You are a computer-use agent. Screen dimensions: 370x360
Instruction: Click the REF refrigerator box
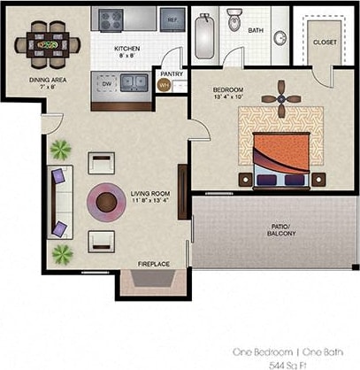click(x=172, y=19)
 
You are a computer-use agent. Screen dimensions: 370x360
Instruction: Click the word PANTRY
click(x=171, y=73)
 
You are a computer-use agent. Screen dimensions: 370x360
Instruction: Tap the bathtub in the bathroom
click(x=205, y=33)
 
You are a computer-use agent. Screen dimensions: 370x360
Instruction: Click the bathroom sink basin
click(x=280, y=37)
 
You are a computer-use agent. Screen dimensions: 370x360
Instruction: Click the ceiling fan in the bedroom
click(x=281, y=98)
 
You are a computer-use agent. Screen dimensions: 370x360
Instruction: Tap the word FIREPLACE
click(x=153, y=264)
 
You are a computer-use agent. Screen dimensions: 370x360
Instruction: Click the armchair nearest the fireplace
click(x=102, y=240)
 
